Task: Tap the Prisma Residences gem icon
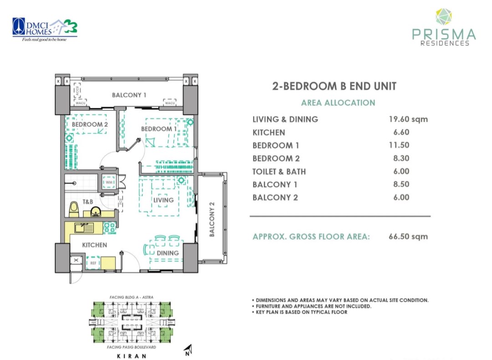443,17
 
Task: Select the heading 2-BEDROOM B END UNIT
334,86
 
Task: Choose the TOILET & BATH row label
279,172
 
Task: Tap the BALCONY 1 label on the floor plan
129,95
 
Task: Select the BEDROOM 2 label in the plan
89,124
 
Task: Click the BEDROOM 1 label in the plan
159,129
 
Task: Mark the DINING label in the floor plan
168,253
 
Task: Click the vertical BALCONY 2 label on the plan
212,219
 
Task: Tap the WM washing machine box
109,183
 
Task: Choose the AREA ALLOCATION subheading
338,103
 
